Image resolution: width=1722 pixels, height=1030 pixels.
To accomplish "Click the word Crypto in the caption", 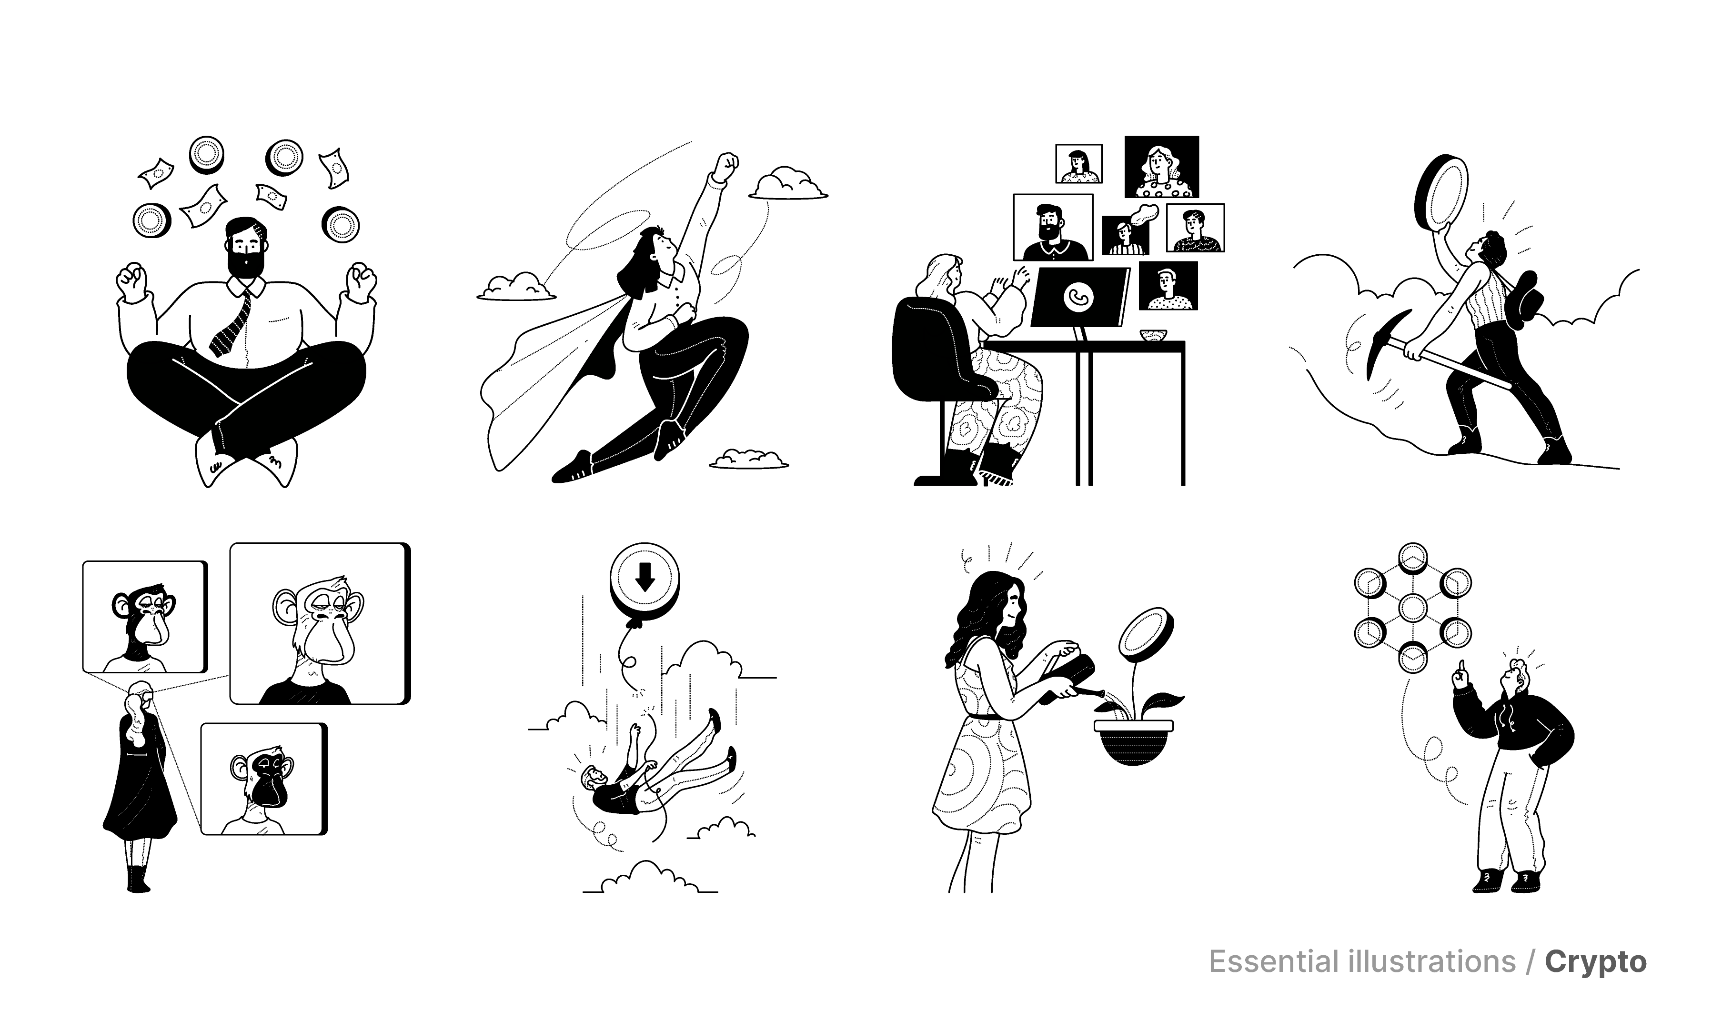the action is [1596, 962].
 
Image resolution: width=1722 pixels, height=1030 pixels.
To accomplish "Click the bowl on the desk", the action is [1153, 335].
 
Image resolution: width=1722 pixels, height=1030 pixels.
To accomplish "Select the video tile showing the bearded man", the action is [1053, 227].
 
